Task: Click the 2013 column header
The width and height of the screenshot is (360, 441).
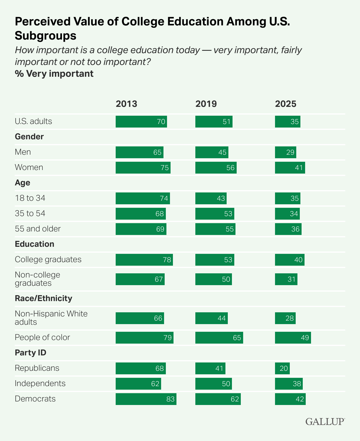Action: coord(126,104)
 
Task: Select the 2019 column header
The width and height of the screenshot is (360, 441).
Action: coord(206,104)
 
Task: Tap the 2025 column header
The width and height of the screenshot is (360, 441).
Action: coord(286,104)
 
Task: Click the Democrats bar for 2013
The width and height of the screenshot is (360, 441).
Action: coord(146,399)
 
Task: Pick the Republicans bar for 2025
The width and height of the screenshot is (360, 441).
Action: coord(282,368)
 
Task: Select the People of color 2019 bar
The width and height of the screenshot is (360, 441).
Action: coord(219,338)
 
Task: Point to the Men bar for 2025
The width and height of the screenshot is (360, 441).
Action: coord(285,152)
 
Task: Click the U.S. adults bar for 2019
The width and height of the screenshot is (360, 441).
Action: coord(214,122)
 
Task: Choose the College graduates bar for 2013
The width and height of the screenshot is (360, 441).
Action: coord(144,260)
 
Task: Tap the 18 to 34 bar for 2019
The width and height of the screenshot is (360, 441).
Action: coord(211,198)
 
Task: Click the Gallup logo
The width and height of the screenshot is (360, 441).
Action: coord(325,421)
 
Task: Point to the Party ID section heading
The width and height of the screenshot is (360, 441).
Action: coord(30,353)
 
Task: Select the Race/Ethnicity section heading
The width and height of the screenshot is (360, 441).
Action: coord(43,298)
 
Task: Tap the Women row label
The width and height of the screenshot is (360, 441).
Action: coord(29,167)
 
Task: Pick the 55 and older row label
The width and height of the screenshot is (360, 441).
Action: coord(38,229)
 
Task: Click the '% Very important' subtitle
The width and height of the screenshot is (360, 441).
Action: coord(54,73)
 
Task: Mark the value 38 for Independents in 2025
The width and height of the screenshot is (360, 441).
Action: coord(297,384)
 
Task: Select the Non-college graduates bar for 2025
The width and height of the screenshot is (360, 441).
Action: coord(286,279)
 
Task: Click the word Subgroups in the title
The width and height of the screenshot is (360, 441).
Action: coord(46,36)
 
